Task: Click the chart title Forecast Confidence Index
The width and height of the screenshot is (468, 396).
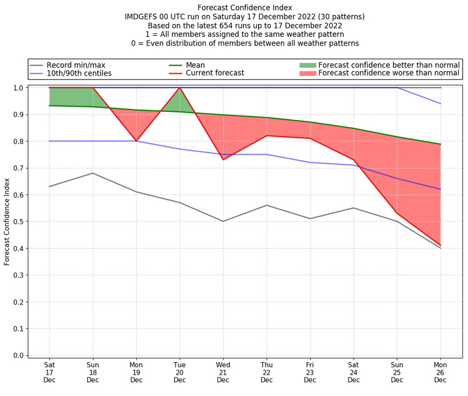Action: pyautogui.click(x=245, y=8)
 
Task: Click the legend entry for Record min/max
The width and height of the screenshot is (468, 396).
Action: pyautogui.click(x=75, y=65)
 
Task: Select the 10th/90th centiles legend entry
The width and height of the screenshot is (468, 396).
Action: pyautogui.click(x=79, y=73)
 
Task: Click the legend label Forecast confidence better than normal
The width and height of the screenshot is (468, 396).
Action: pyautogui.click(x=389, y=65)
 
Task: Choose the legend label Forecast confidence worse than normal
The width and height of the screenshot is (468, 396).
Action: pyautogui.click(x=389, y=73)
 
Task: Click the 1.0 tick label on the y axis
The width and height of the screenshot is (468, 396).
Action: pyautogui.click(x=18, y=88)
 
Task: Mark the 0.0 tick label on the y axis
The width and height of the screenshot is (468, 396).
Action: pyautogui.click(x=18, y=356)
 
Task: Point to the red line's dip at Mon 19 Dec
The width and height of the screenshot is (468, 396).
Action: pyautogui.click(x=136, y=141)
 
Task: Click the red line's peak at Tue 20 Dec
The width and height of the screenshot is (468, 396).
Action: pyautogui.click(x=180, y=88)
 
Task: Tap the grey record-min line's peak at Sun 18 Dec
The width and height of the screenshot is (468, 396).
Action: pyautogui.click(x=92, y=173)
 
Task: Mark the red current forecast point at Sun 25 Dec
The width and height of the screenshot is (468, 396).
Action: pyautogui.click(x=397, y=213)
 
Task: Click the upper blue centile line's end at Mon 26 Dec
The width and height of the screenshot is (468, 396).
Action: pyautogui.click(x=441, y=104)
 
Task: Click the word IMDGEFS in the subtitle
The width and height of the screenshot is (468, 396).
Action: pyautogui.click(x=144, y=17)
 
